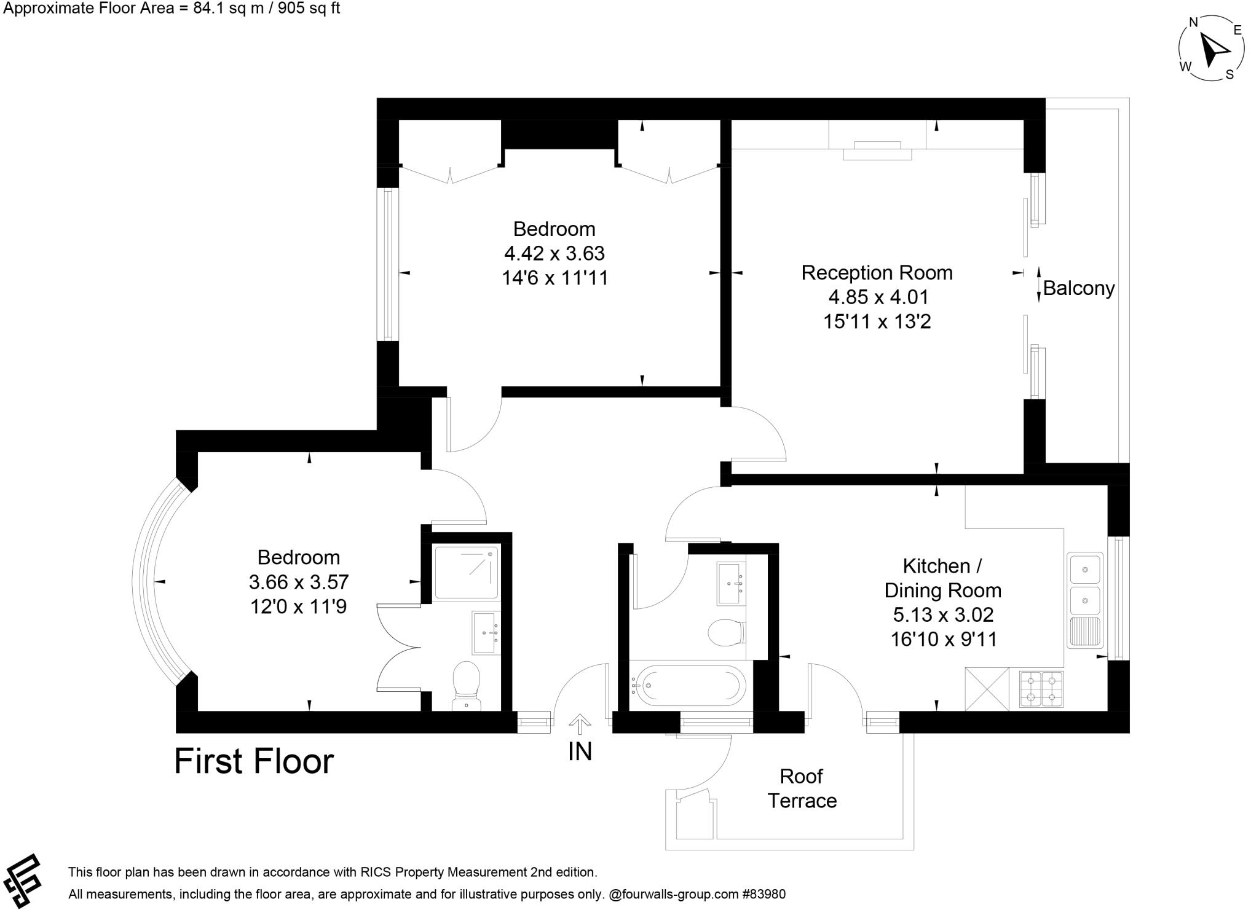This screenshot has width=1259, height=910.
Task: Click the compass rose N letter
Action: tap(1193, 23)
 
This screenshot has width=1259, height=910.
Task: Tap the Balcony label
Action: tap(1078, 288)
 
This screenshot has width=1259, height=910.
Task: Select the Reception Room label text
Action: tap(877, 273)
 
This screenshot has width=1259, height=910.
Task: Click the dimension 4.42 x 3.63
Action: tap(555, 253)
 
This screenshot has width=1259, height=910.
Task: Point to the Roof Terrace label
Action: tap(802, 789)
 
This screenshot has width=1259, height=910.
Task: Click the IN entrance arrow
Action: tap(578, 724)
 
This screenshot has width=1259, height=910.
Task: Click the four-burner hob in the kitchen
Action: tap(1041, 689)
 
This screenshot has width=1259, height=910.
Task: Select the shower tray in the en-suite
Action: tap(466, 572)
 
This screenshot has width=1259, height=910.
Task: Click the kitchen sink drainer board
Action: tap(1085, 632)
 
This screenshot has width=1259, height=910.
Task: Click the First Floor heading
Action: tap(254, 761)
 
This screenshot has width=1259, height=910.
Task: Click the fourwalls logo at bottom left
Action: tap(22, 881)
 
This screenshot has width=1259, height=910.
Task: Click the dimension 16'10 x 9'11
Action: tap(943, 639)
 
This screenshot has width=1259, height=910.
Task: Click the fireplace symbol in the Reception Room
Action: tap(877, 151)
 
